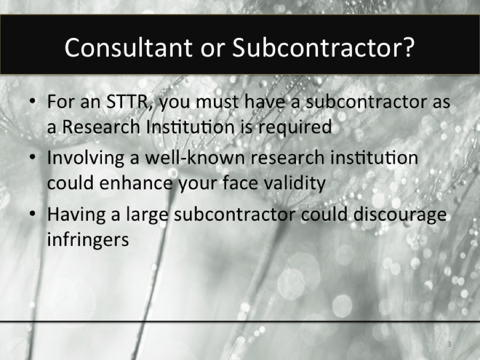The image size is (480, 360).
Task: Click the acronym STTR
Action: click(124, 101)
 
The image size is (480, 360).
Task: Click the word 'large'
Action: click(148, 215)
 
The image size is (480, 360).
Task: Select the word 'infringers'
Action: click(88, 240)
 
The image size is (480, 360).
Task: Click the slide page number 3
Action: click(449, 344)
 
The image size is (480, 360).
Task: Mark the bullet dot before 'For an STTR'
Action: click(34, 102)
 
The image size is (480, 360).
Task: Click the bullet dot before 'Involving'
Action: click(34, 158)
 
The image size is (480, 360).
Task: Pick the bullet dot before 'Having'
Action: click(34, 215)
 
